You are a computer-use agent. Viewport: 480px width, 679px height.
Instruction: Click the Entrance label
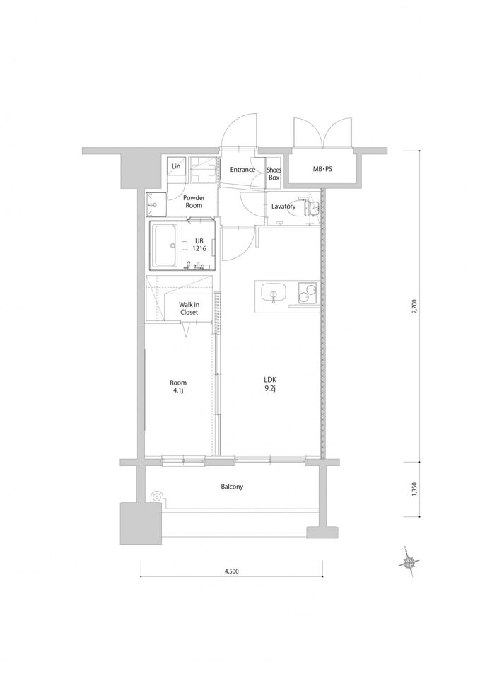242,170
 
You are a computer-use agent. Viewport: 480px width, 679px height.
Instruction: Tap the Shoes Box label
274,174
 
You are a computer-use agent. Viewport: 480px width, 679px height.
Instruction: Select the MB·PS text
322,169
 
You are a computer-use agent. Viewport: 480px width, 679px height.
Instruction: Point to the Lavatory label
283,207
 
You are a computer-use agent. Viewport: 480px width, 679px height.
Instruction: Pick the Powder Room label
194,202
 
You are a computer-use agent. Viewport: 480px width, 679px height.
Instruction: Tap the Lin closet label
176,166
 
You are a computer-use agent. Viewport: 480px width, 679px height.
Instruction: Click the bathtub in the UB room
165,245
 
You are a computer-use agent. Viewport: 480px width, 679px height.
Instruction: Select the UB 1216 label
199,245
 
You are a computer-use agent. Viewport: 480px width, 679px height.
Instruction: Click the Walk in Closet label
189,308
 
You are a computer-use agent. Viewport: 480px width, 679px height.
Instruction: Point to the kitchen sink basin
273,291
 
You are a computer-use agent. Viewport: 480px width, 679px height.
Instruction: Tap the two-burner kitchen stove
307,292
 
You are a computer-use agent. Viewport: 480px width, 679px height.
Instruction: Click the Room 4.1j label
178,386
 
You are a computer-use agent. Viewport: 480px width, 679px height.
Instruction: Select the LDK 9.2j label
270,384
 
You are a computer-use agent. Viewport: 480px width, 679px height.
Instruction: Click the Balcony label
232,487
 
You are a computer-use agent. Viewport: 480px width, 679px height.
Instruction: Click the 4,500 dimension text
232,571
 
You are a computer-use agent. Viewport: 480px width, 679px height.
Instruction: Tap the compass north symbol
409,562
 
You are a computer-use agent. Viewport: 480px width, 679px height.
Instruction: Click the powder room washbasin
156,204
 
